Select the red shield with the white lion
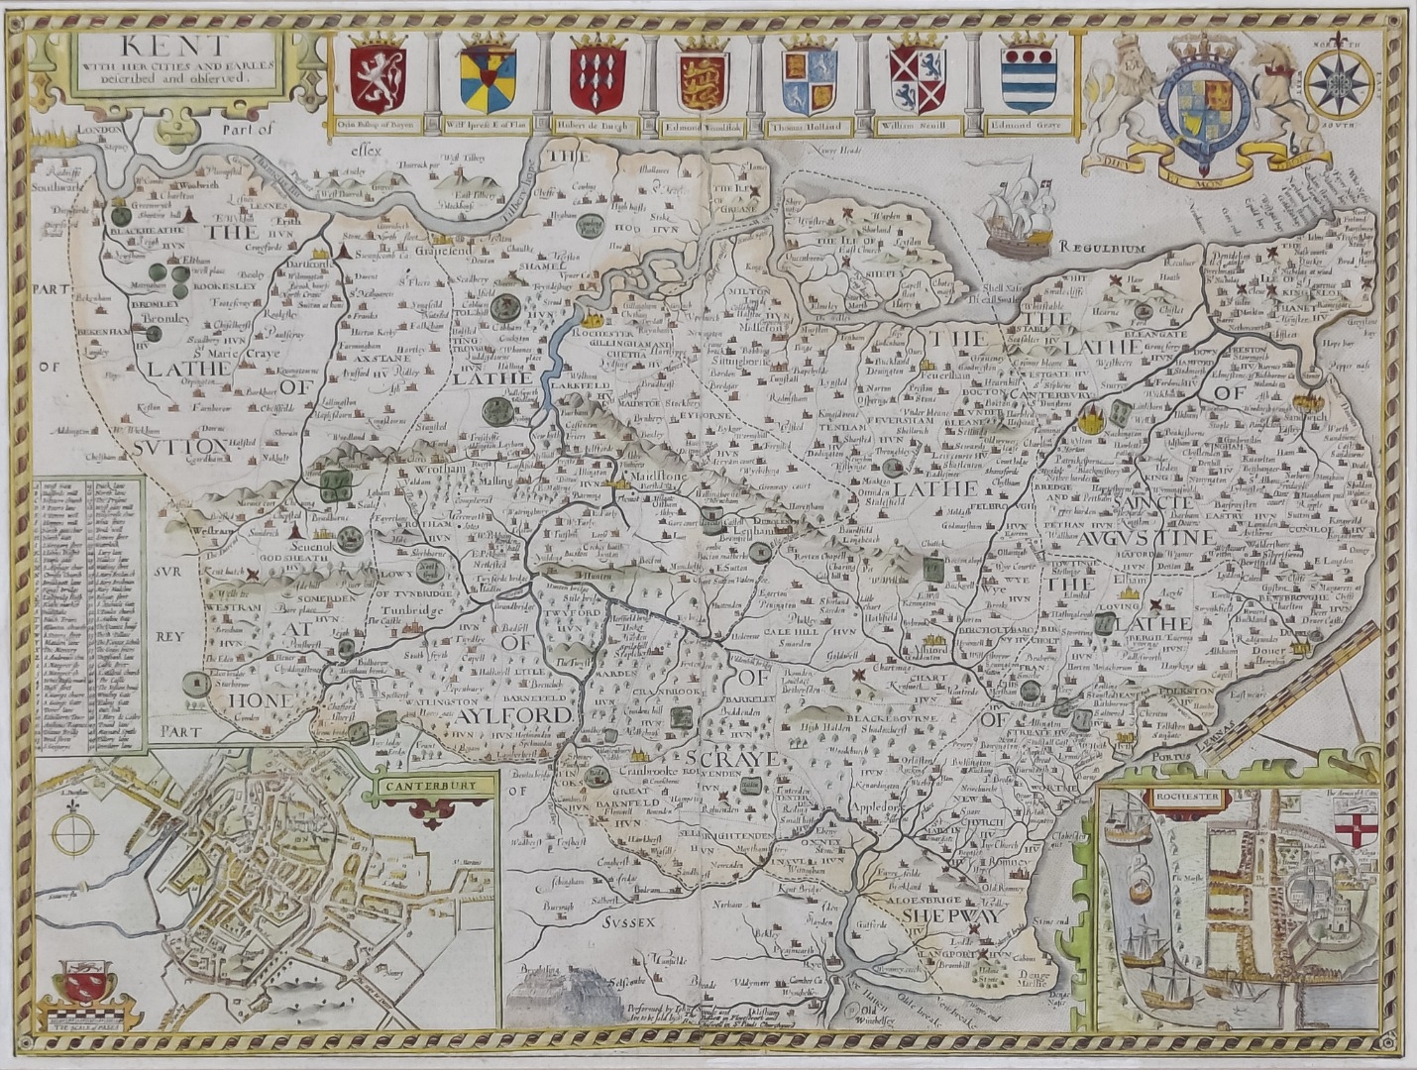point(379,78)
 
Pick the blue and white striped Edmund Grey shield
point(1029,78)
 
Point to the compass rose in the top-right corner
point(1338,81)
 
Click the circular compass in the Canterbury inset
point(73,832)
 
